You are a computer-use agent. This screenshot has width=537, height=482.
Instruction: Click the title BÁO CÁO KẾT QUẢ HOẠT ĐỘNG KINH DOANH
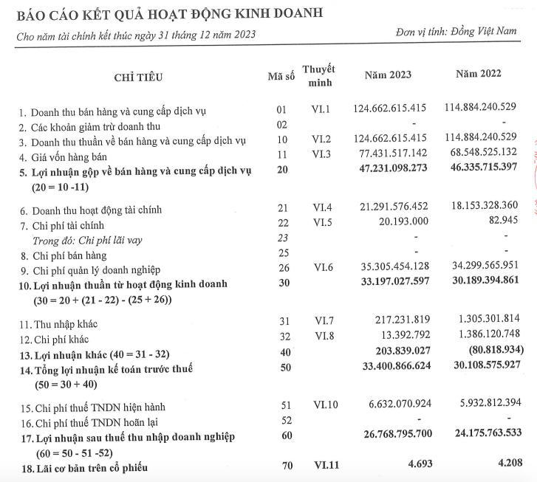165,13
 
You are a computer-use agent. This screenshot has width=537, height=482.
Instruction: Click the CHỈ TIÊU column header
138,78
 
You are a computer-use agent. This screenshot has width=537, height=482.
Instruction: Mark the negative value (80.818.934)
486,351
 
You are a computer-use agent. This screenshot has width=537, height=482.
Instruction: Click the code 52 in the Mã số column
281,420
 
